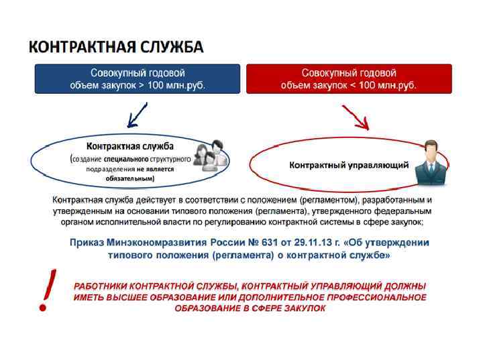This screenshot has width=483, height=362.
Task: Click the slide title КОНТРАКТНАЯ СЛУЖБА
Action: coord(115,48)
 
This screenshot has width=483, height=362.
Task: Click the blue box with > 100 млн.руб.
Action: coord(138,78)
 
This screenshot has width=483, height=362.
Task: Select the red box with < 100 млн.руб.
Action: coord(349,78)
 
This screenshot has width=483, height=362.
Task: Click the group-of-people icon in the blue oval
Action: coord(210,156)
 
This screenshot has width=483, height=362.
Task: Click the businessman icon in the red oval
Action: coord(430,163)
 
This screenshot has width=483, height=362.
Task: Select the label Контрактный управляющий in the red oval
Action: coord(349,165)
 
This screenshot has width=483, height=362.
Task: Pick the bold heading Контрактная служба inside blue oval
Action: coord(130,146)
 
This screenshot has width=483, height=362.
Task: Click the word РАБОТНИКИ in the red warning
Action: coord(101,286)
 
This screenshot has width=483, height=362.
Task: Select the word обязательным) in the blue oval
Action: coord(130,179)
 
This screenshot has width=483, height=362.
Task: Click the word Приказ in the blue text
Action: coord(88,243)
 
